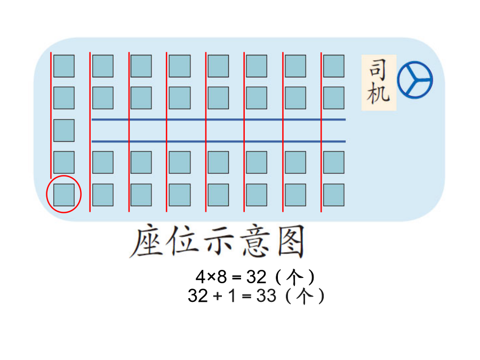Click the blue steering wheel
pyautogui.click(x=415, y=80)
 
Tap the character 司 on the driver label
pyautogui.click(x=378, y=70)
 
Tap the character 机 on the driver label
pyautogui.click(x=378, y=93)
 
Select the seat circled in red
pyautogui.click(x=64, y=195)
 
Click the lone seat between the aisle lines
pyautogui.click(x=64, y=131)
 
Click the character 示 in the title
pyautogui.click(x=219, y=241)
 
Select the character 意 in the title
pyautogui.click(x=255, y=241)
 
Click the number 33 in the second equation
pyautogui.click(x=266, y=296)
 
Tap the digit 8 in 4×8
pyautogui.click(x=222, y=277)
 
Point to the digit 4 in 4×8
pyautogui.click(x=201, y=277)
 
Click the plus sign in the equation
pyautogui.click(x=218, y=297)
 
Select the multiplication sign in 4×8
pyautogui.click(x=211, y=277)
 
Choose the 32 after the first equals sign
pyautogui.click(x=256, y=277)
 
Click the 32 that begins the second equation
pyautogui.click(x=198, y=296)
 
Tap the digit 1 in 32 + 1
pyautogui.click(x=232, y=296)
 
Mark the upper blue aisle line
pyautogui.click(x=219, y=119)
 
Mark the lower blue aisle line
pyautogui.click(x=219, y=141)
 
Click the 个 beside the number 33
pyautogui.click(x=305, y=296)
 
